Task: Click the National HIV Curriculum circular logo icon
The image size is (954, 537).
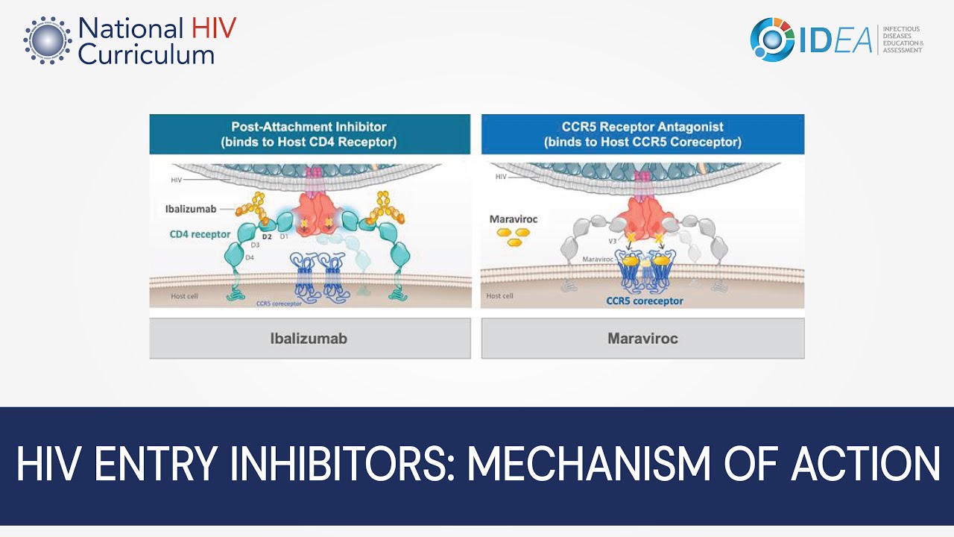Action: [x=47, y=40]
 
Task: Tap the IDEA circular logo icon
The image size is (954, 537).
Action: [x=772, y=40]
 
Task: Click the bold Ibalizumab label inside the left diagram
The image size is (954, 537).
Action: [x=191, y=210]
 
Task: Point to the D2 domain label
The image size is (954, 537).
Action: [x=267, y=236]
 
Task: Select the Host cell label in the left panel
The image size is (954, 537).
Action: [x=184, y=296]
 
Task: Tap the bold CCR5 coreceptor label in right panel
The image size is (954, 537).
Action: [x=644, y=301]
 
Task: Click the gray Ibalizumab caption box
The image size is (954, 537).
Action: [x=309, y=339]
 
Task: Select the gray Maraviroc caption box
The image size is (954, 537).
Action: [x=642, y=339]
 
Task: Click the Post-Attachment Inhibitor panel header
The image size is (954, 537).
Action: [x=309, y=134]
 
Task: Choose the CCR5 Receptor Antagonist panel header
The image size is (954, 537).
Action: [x=642, y=134]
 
